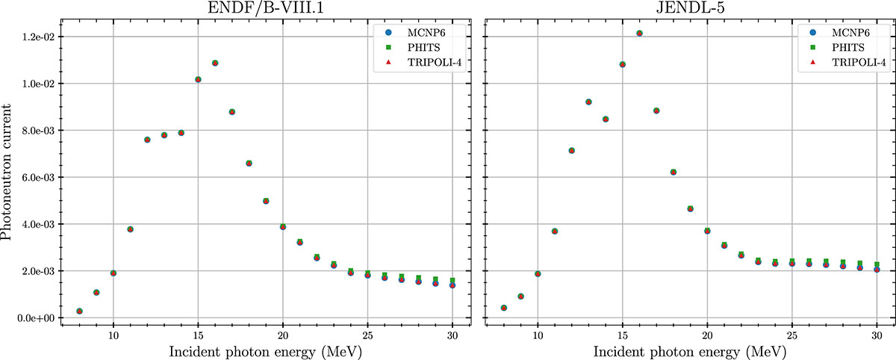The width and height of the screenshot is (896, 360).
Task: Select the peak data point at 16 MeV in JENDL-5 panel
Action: [x=639, y=34]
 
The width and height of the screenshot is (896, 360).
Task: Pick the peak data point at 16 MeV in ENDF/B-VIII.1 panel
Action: [x=215, y=63]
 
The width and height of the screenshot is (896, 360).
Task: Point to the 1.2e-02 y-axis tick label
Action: [x=40, y=37]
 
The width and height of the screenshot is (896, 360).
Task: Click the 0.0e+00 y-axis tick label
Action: [x=40, y=318]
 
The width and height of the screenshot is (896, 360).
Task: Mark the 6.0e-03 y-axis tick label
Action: [x=40, y=178]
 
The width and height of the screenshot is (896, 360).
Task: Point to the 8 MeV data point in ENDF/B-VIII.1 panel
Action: [x=79, y=311]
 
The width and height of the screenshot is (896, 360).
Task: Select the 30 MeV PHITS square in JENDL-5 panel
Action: [x=877, y=265]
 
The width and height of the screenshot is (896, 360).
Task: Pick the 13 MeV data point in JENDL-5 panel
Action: [x=588, y=102]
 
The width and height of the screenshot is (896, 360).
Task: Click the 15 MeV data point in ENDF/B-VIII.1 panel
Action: [x=198, y=79]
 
